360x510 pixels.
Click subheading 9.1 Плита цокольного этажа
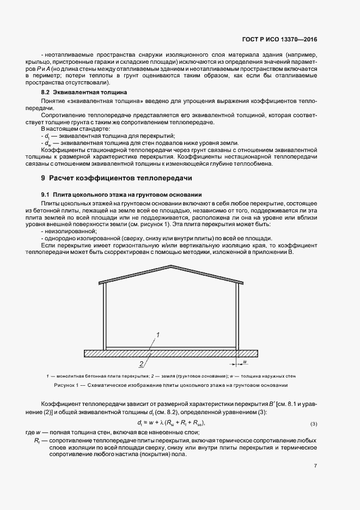(121, 195)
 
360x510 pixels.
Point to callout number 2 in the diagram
(141, 363)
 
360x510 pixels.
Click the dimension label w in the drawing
(246, 362)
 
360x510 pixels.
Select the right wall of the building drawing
(237, 316)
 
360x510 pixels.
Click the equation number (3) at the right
(313, 423)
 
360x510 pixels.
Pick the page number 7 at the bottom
(315, 466)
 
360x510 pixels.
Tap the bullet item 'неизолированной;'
(65, 231)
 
